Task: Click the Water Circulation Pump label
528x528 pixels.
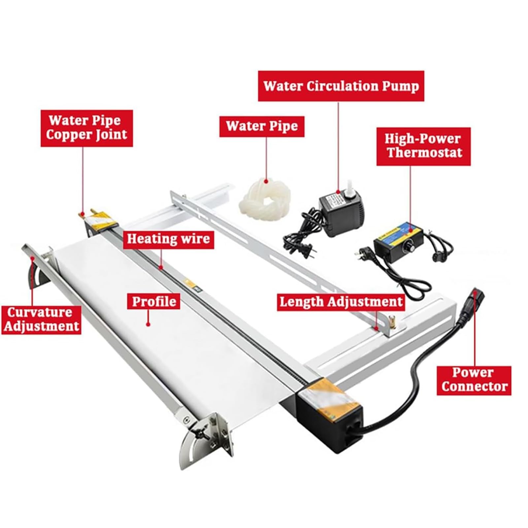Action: coord(341,86)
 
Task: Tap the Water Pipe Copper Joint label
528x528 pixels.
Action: coord(86,128)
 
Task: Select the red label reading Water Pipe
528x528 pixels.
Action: coord(262,126)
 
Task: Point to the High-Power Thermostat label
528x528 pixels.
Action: coord(423,146)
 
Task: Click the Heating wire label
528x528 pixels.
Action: coord(168,239)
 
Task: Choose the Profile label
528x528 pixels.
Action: coord(154,301)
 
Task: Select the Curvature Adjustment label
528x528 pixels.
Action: coord(41,319)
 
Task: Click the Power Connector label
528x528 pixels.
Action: coord(474,380)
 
